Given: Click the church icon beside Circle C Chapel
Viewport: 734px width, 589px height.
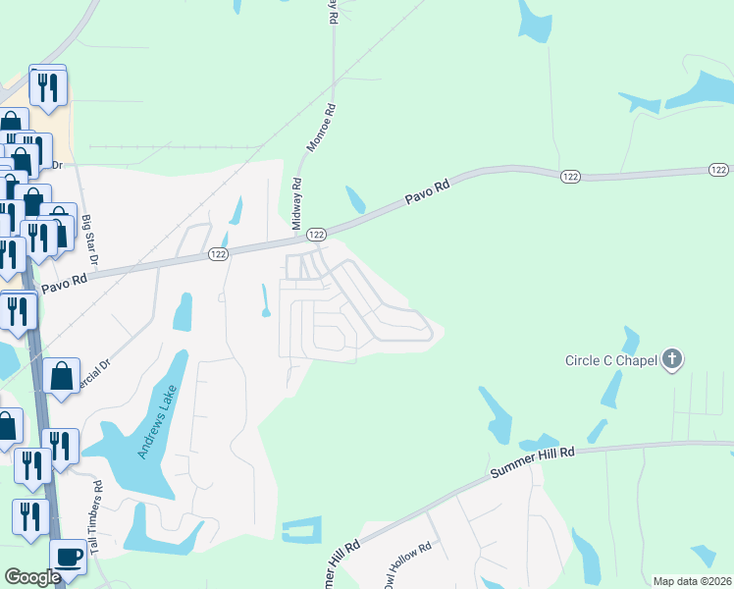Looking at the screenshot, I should pos(672,358).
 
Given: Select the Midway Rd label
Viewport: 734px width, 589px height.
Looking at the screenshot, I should pos(295,203).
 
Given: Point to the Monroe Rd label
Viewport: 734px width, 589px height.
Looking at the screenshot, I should pos(322,128).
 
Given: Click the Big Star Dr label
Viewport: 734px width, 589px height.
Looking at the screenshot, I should pos(90,241).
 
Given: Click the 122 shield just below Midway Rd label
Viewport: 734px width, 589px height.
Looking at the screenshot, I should pos(316,235).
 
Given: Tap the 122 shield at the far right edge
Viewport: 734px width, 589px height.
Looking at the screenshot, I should pos(718,171).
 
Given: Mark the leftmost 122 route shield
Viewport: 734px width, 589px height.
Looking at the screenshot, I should pos(218,253).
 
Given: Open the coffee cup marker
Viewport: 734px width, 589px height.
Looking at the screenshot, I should pos(68,557).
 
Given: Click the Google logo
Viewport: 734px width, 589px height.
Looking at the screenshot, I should pos(32,577).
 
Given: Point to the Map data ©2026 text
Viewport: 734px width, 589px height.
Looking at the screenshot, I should pos(692,581).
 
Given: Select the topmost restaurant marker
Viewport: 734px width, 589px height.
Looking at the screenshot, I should pos(47,87).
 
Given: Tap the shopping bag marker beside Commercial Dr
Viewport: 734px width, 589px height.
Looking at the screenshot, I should pos(62,376).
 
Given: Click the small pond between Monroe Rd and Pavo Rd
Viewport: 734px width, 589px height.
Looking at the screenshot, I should pos(355,200).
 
